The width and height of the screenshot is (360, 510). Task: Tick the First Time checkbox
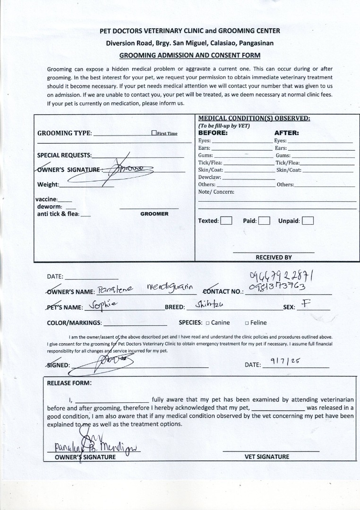click(154, 133)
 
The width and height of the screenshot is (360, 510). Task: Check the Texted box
click(226, 221)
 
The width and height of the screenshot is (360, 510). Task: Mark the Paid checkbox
click(264, 221)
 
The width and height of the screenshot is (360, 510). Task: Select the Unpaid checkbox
click(308, 221)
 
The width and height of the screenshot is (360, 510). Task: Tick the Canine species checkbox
click(207, 323)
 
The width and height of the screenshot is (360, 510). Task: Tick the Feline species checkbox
click(247, 323)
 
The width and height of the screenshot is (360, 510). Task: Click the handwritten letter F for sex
click(305, 304)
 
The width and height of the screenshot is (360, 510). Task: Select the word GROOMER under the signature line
click(154, 214)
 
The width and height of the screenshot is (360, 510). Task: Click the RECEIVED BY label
click(274, 257)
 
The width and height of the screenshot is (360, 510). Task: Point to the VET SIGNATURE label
click(266, 457)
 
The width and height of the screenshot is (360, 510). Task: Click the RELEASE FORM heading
click(69, 383)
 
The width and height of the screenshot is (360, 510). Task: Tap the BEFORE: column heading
click(213, 133)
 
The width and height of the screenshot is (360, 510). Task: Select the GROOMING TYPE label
click(64, 133)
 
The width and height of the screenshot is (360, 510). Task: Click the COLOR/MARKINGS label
click(74, 323)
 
